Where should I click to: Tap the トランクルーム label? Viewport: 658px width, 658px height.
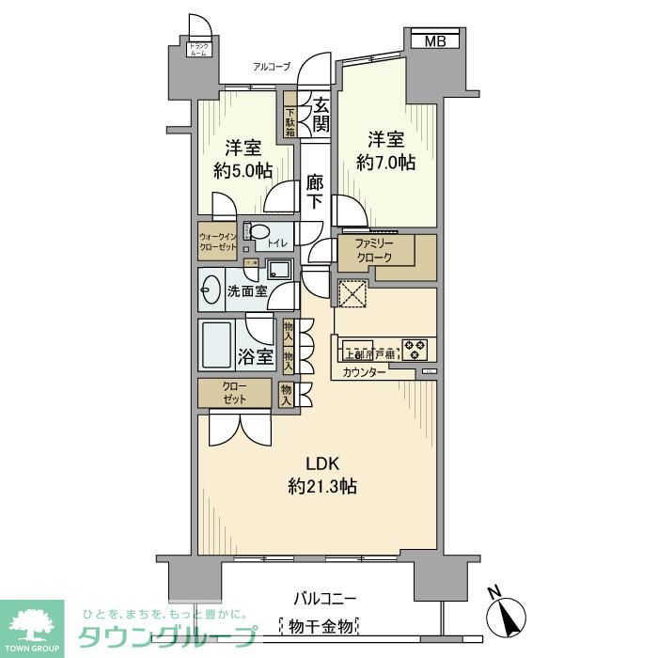(199, 50)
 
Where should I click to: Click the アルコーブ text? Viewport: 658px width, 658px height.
(273, 67)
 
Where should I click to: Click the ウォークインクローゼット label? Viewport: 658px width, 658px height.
(217, 243)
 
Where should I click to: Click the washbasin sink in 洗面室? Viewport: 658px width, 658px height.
(211, 292)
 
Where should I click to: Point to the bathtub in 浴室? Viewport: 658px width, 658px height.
(218, 346)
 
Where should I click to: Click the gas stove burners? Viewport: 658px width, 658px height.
(414, 350)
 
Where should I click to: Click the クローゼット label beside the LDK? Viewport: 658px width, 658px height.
(235, 393)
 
